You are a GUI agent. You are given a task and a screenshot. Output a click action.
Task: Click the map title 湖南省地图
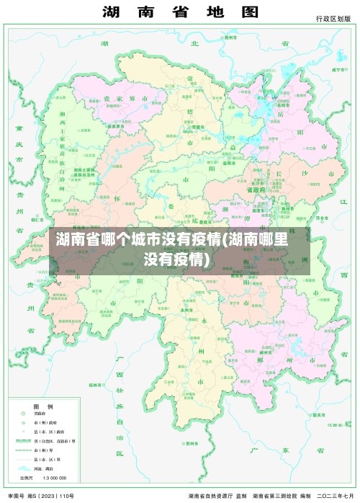tap(180, 12)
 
